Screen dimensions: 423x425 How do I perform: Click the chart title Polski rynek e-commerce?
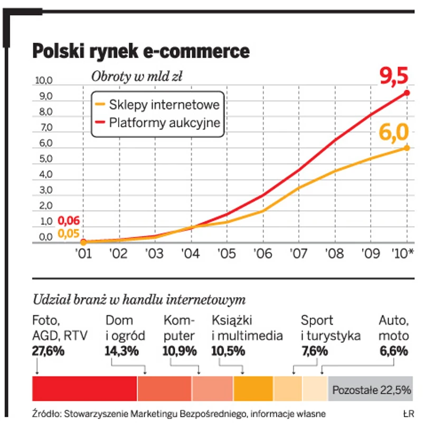pyautogui.click(x=140, y=51)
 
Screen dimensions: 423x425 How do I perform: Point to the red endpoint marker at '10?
pyautogui.click(x=407, y=93)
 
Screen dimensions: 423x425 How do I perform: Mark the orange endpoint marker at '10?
pyautogui.click(x=407, y=148)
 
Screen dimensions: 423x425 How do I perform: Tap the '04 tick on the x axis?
pyautogui.click(x=191, y=253)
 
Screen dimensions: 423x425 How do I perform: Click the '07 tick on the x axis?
pyautogui.click(x=299, y=253)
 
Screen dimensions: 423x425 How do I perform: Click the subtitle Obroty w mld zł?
pyautogui.click(x=137, y=77)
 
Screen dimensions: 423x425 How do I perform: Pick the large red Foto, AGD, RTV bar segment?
pyautogui.click(x=84, y=389)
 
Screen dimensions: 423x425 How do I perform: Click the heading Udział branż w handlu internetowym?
pyautogui.click(x=139, y=300)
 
